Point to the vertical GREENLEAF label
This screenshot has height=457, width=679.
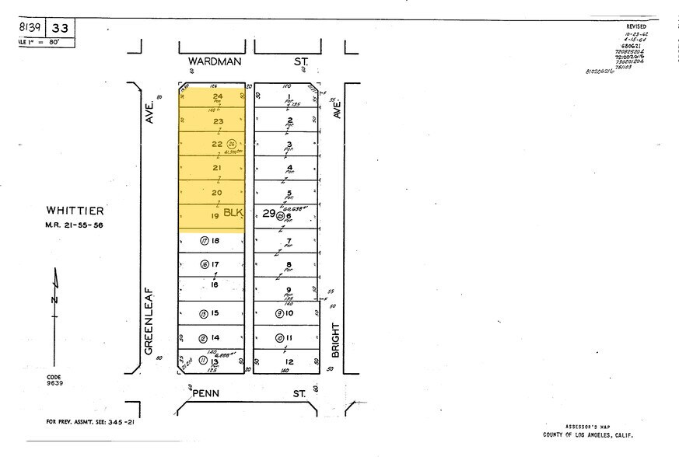[x=147, y=322]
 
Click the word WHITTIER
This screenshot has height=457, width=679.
[x=74, y=211]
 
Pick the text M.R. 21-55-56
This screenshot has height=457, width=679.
[x=74, y=225]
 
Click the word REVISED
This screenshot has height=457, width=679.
[x=635, y=26]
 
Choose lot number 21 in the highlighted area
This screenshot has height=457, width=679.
[x=217, y=168]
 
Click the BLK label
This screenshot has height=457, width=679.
[x=233, y=212]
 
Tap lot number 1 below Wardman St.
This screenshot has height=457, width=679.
[x=289, y=96]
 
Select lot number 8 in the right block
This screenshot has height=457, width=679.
[x=289, y=264]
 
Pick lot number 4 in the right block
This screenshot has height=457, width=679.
[x=289, y=167]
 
